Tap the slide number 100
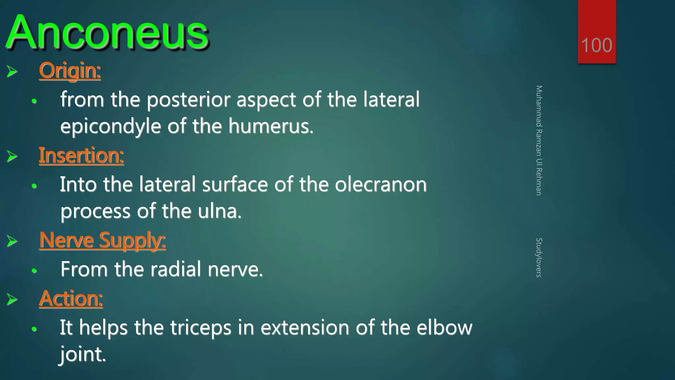pyautogui.click(x=597, y=45)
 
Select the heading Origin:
pyautogui.click(x=70, y=71)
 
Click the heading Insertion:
pyautogui.click(x=81, y=155)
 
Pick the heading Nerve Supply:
pyautogui.click(x=103, y=240)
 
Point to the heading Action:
pyautogui.click(x=71, y=299)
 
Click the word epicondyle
pyautogui.click(x=110, y=126)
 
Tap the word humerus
pyautogui.click(x=270, y=126)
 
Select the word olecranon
pyautogui.click(x=381, y=184)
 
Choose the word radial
pyautogui.click(x=176, y=269)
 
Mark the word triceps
pyautogui.click(x=200, y=328)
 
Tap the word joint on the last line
pyautogui.click(x=82, y=354)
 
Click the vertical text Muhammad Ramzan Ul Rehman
pyautogui.click(x=539, y=140)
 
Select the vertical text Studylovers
pyautogui.click(x=539, y=257)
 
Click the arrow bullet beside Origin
pyautogui.click(x=12, y=71)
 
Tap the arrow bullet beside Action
pyautogui.click(x=12, y=300)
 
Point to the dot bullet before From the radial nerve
pyautogui.click(x=34, y=271)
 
